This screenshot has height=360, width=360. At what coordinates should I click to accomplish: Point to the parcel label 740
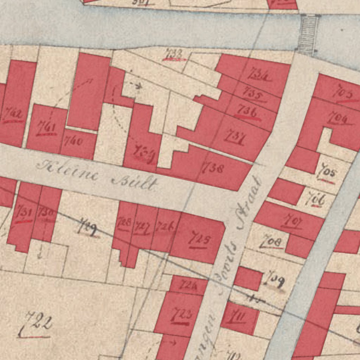pyautogui.click(x=74, y=142)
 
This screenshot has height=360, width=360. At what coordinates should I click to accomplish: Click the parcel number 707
pyautogui.click(x=292, y=222)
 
